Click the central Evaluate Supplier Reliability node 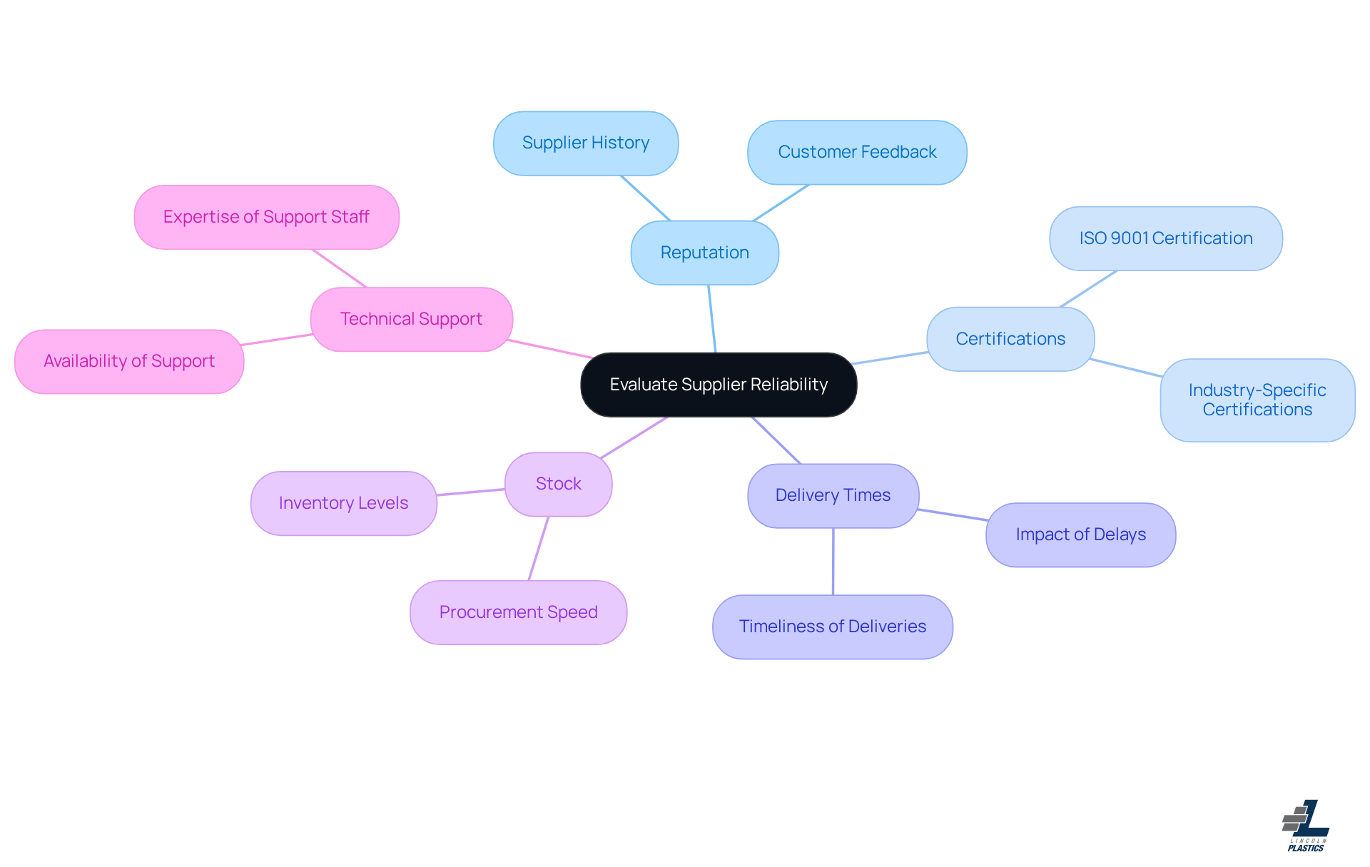[x=719, y=385]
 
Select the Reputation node [x=704, y=253]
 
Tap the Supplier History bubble [x=586, y=143]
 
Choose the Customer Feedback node [x=857, y=152]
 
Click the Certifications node [x=1010, y=339]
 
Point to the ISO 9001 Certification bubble [x=1165, y=238]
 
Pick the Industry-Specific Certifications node [x=1257, y=400]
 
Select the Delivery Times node [x=833, y=495]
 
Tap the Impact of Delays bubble [x=1080, y=534]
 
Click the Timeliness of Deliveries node [x=832, y=627]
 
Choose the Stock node [x=558, y=484]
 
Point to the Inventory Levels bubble [x=343, y=503]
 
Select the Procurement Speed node [x=518, y=612]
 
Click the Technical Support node [x=411, y=319]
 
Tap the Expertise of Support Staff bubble [x=266, y=217]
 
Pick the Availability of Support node [x=129, y=361]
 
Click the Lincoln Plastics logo [x=1306, y=826]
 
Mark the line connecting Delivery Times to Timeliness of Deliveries [x=833, y=562]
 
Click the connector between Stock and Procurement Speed [x=539, y=548]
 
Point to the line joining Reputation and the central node [x=711, y=319]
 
